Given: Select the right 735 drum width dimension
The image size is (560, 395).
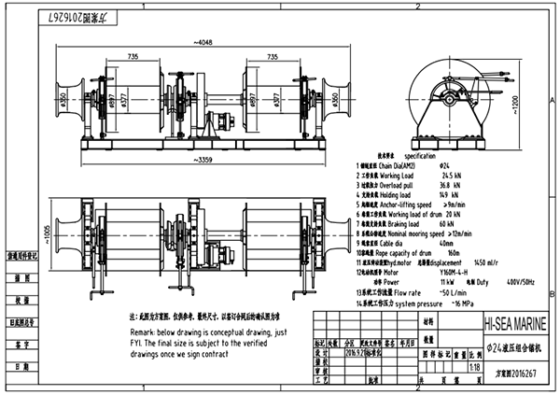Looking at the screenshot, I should tap(270, 59).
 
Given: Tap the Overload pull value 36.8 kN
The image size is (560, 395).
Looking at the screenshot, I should tap(447, 185).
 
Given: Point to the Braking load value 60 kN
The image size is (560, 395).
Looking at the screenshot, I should tap(446, 225).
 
